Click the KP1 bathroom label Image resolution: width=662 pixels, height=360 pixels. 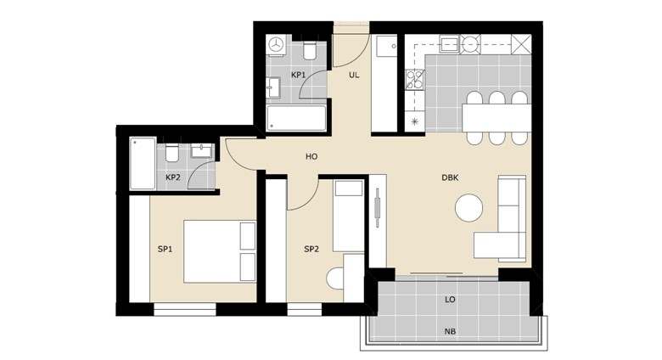(x=298, y=76)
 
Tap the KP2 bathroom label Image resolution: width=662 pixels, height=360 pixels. (x=172, y=177)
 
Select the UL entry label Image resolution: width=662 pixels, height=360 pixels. (x=354, y=76)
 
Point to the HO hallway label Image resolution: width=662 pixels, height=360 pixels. (x=311, y=157)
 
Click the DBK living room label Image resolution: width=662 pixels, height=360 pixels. (x=450, y=178)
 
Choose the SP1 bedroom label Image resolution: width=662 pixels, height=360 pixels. (x=165, y=250)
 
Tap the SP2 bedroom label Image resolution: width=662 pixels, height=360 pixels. (x=311, y=250)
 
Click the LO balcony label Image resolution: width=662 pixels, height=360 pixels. (x=450, y=300)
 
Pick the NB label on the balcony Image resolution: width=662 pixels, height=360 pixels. (x=450, y=332)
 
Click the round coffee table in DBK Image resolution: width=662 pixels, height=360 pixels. (x=469, y=207)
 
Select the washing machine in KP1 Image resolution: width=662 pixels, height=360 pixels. (x=277, y=44)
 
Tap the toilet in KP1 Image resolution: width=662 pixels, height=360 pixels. (x=310, y=51)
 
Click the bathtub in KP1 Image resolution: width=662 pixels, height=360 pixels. (x=296, y=118)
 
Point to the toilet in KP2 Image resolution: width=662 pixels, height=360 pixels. (x=171, y=153)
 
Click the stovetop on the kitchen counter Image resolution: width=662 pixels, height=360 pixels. (x=415, y=81)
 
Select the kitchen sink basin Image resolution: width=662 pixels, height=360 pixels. (x=449, y=44)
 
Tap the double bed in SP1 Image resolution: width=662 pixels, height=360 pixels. (x=220, y=251)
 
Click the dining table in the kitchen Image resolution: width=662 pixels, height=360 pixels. (x=496, y=118)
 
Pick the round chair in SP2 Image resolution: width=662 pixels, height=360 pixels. (x=335, y=278)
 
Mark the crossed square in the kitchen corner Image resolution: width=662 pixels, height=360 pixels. (x=521, y=44)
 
